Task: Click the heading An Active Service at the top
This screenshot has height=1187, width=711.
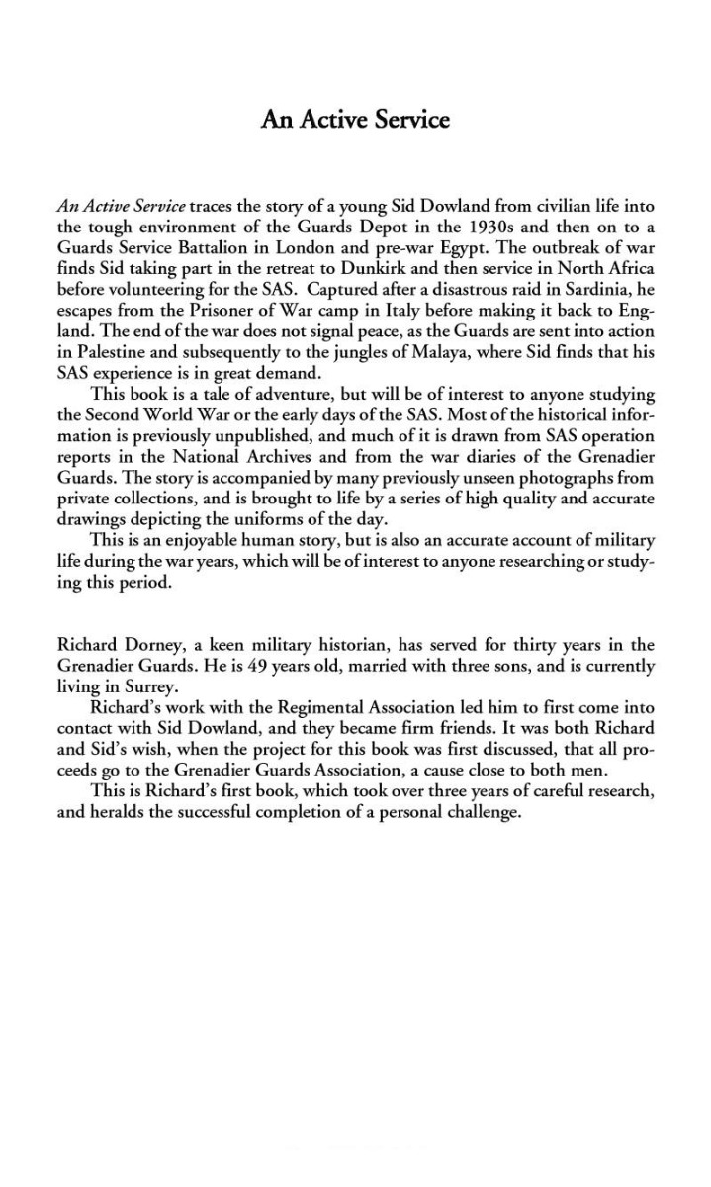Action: tap(355, 120)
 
